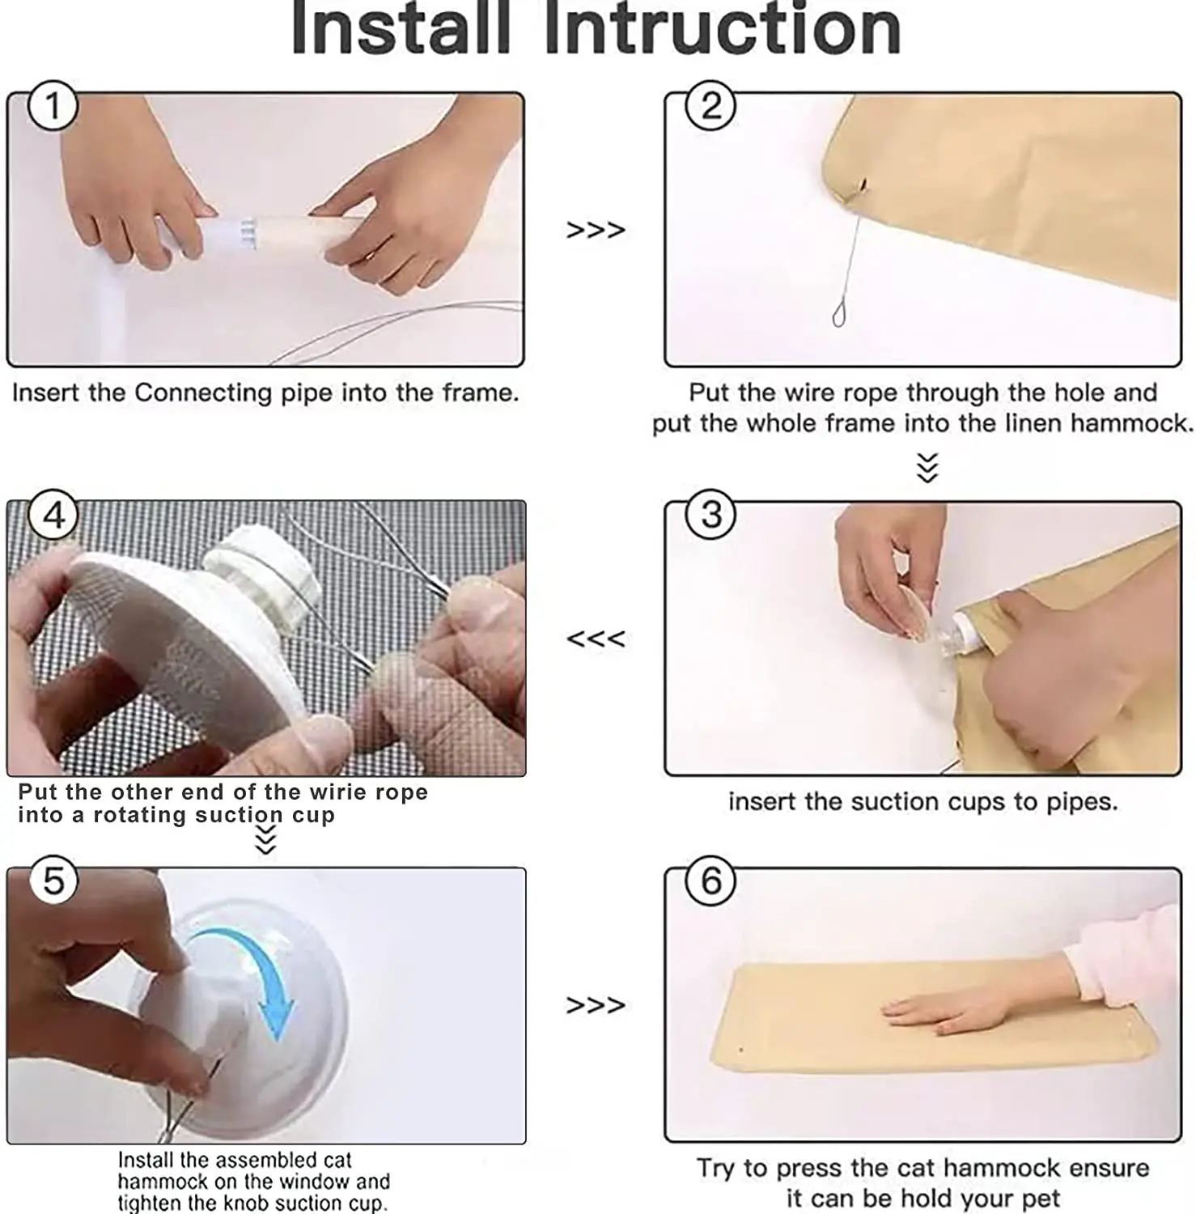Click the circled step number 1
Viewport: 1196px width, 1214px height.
[x=53, y=106]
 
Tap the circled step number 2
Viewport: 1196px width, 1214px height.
[x=710, y=106]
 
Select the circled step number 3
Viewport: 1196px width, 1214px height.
[x=710, y=515]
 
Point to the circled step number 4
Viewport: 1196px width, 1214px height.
[x=53, y=515]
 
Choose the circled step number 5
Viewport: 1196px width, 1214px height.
[x=53, y=881]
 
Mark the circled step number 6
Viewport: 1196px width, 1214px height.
[x=710, y=881]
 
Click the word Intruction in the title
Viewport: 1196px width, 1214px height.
[x=723, y=29]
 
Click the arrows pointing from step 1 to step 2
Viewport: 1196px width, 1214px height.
[x=596, y=231]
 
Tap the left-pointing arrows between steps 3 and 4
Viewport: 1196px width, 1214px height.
[x=596, y=639]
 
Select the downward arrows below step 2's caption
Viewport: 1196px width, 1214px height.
[x=927, y=468]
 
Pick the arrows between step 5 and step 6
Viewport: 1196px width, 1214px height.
[x=596, y=1005]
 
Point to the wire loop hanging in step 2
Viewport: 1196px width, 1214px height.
[x=839, y=315]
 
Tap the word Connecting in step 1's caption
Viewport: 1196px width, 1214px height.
[x=203, y=393]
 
